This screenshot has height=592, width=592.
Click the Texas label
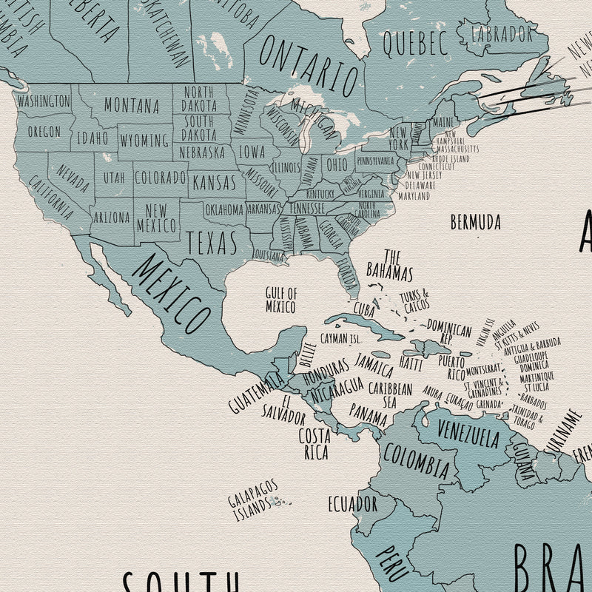(212, 242)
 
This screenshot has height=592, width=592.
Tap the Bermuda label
(475, 222)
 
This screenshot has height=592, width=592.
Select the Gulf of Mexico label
(281, 300)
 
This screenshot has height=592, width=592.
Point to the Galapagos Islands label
(253, 500)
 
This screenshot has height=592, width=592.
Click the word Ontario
(309, 67)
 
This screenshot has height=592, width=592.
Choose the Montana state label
(131, 106)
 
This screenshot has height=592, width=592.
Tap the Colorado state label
(160, 178)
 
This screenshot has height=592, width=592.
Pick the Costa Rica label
(314, 443)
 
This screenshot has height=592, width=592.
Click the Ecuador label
(353, 504)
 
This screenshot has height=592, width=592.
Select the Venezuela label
(468, 433)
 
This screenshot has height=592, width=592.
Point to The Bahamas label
(389, 265)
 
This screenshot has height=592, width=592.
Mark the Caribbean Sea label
(390, 394)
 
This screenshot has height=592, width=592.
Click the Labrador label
(502, 33)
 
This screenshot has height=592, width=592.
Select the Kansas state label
(214, 181)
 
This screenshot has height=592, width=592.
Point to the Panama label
(369, 414)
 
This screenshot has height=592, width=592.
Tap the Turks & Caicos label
(414, 301)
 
